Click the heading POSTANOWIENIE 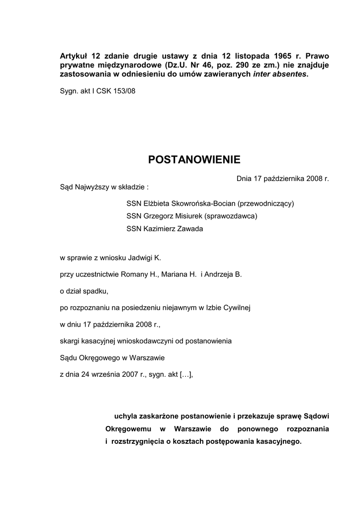(x=194, y=160)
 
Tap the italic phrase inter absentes (x=280, y=75)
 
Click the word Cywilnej (x=236, y=308)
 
